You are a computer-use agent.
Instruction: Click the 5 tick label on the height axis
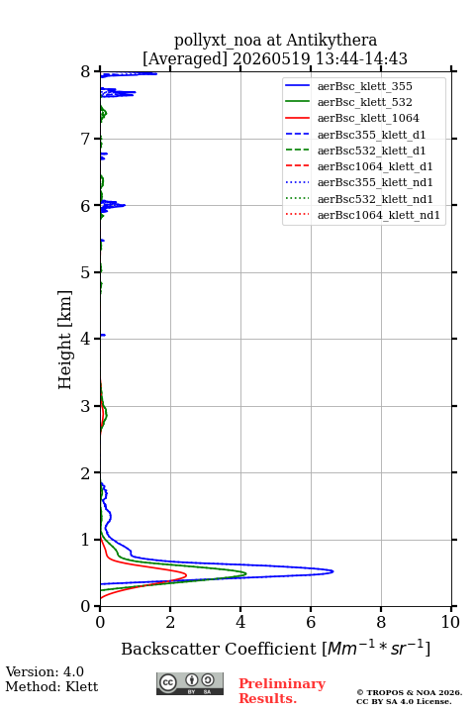(x=85, y=272)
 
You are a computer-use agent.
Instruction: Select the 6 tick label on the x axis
(x=311, y=622)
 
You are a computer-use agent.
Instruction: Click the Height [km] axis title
(x=65, y=340)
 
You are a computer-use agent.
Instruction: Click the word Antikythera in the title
(x=332, y=40)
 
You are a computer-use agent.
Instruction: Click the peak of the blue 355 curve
(x=333, y=571)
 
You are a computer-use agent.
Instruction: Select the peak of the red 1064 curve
(x=186, y=575)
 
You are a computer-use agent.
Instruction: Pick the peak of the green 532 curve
(x=245, y=573)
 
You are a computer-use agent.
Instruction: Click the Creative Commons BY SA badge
(x=190, y=683)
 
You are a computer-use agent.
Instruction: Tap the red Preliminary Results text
(x=282, y=691)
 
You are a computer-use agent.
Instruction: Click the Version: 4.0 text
(x=45, y=671)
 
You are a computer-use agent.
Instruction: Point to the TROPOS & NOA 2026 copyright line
(x=409, y=692)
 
